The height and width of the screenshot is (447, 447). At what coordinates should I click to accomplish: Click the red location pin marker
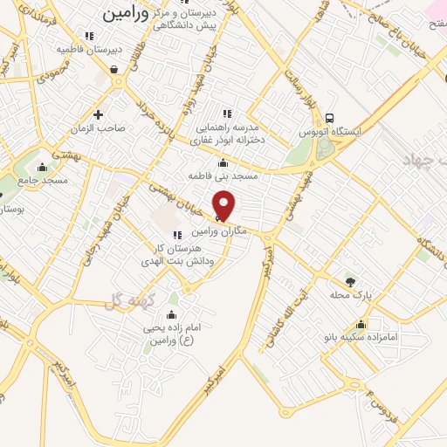point(224,204)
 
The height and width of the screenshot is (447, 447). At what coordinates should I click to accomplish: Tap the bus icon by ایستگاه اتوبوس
point(330,118)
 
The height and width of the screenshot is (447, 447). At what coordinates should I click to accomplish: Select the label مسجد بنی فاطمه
point(224,175)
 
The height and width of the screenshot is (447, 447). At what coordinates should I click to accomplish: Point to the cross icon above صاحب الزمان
point(98,113)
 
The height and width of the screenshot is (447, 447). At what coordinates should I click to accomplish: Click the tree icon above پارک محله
point(350,282)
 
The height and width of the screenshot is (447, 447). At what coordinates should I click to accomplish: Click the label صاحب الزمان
point(99,127)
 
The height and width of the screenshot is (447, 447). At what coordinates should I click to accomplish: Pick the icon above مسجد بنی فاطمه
point(223,162)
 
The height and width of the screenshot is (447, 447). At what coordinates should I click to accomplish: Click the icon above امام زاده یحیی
point(171,315)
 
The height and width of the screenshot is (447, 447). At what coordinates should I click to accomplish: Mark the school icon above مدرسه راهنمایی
point(227,113)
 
